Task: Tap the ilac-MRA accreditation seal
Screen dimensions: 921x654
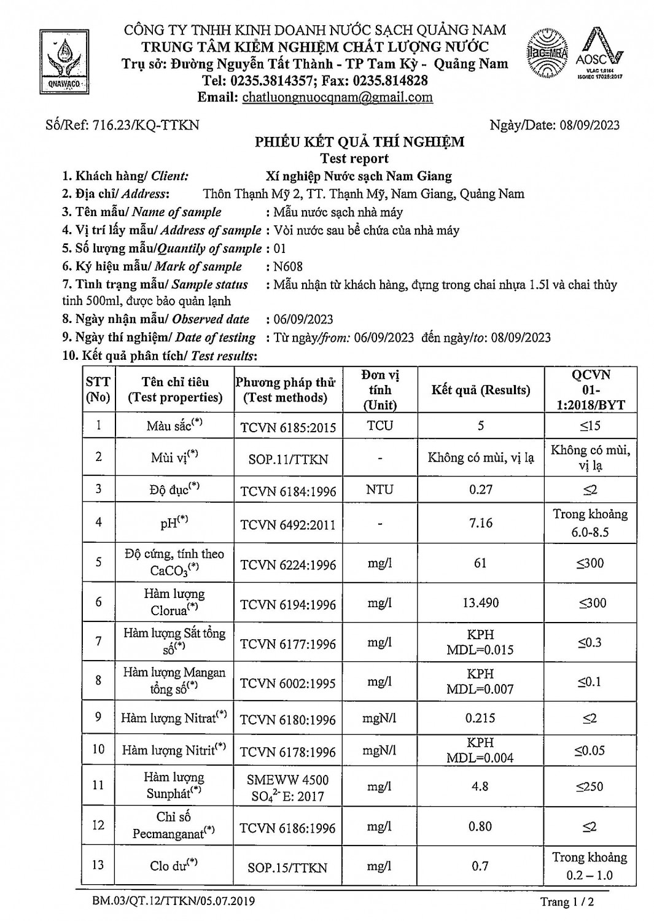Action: point(547,53)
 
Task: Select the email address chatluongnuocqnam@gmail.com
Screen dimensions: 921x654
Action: point(337,97)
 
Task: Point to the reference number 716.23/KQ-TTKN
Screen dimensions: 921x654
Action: point(146,125)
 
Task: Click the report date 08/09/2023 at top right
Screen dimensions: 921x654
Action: point(590,125)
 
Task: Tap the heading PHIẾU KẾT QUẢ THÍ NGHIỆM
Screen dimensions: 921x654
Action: point(359,142)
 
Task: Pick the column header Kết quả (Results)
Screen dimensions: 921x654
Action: point(480,390)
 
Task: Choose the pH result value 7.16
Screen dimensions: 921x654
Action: point(480,523)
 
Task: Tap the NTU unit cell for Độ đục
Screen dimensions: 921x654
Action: point(380,490)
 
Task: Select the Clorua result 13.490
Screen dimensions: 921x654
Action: point(480,603)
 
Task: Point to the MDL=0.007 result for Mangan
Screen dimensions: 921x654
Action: point(480,690)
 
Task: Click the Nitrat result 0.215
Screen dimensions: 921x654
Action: point(480,718)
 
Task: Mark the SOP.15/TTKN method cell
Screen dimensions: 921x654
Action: point(288,868)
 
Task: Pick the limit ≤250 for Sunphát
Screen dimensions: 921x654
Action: point(590,787)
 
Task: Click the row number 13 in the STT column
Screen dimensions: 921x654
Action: point(98,865)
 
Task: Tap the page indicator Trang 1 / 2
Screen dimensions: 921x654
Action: point(566,902)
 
